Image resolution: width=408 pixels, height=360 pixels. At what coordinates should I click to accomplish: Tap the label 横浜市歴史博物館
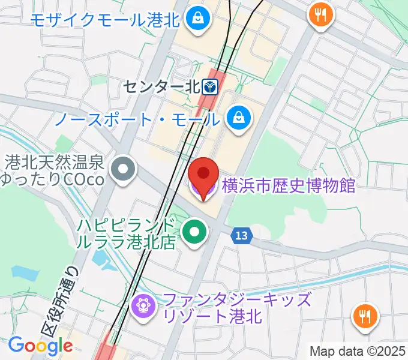point(289,185)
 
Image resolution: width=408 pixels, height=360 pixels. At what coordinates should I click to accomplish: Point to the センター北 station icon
point(210,88)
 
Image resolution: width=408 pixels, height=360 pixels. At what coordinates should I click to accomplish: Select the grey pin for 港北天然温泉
point(124,169)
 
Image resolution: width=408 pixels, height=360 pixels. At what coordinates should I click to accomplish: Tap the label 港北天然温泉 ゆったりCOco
point(55,170)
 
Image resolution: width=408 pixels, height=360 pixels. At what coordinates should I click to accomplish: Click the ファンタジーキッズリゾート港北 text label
point(238,307)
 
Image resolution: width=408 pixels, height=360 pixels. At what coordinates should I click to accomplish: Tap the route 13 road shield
point(241,236)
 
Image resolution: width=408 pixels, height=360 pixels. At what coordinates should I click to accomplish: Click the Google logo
point(40,346)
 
